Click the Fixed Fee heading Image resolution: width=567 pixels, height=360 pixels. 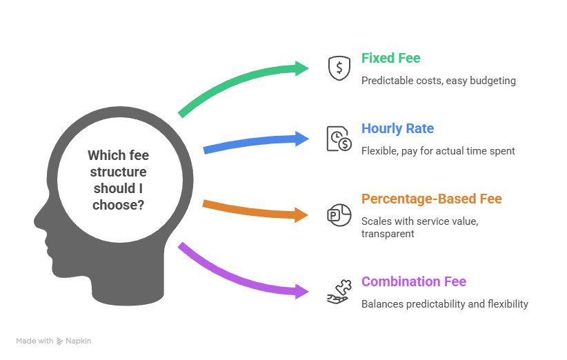coord(391,58)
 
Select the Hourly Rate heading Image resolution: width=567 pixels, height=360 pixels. coord(398,128)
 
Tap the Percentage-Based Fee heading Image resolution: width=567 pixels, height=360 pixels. coord(432,199)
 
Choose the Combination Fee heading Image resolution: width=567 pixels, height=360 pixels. coord(414,281)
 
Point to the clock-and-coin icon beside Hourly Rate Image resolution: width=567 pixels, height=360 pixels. coord(339,138)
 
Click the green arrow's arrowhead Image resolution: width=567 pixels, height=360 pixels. coord(302,68)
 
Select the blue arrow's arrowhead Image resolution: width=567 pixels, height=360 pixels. coord(302,138)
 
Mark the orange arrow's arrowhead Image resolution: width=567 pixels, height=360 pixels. coord(302,214)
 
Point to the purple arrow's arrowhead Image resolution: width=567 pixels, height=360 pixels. coord(302,290)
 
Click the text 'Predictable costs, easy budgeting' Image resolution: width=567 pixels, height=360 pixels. coord(439,81)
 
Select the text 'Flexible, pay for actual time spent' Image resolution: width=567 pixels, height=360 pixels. coord(438,151)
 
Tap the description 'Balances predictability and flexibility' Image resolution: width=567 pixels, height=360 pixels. coord(445,304)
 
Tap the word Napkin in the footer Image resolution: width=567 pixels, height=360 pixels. coord(79,341)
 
